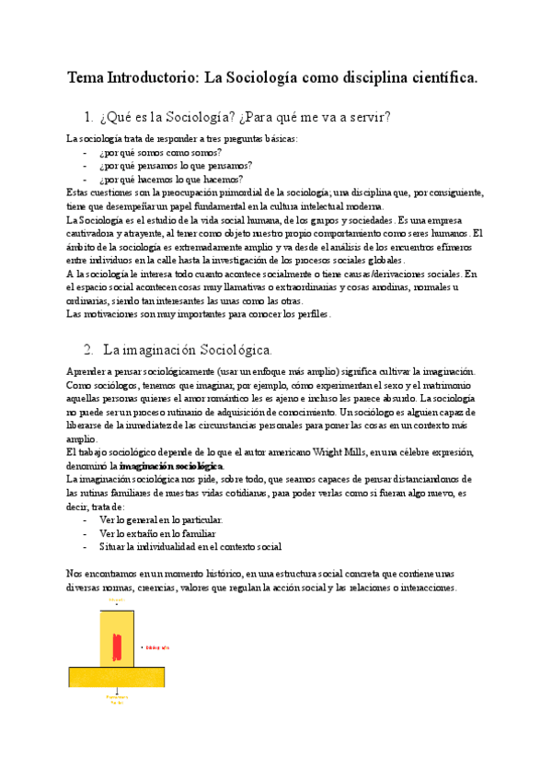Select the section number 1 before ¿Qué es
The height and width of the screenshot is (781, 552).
(x=87, y=117)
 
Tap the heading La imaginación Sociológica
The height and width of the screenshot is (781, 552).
(x=188, y=350)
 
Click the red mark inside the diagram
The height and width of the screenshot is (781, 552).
(x=117, y=647)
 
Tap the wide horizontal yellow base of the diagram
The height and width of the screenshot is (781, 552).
(x=117, y=677)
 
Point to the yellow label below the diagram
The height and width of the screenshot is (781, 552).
(x=117, y=701)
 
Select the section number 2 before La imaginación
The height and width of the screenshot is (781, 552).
(x=88, y=350)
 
